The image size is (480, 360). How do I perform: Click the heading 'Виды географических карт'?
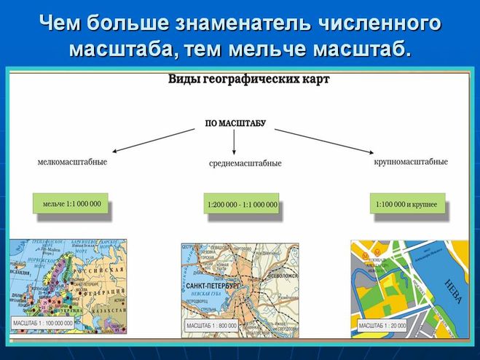[249, 79]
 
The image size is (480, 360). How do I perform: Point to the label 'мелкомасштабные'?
[73, 161]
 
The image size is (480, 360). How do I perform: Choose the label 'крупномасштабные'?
[411, 161]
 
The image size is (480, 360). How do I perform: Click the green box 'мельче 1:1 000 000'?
[72, 203]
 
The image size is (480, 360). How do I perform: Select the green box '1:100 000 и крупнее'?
[406, 205]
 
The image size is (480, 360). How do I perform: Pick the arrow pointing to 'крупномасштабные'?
[320, 140]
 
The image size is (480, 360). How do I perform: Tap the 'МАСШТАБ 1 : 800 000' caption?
[212, 324]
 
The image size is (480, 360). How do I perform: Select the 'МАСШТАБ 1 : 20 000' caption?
[381, 324]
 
